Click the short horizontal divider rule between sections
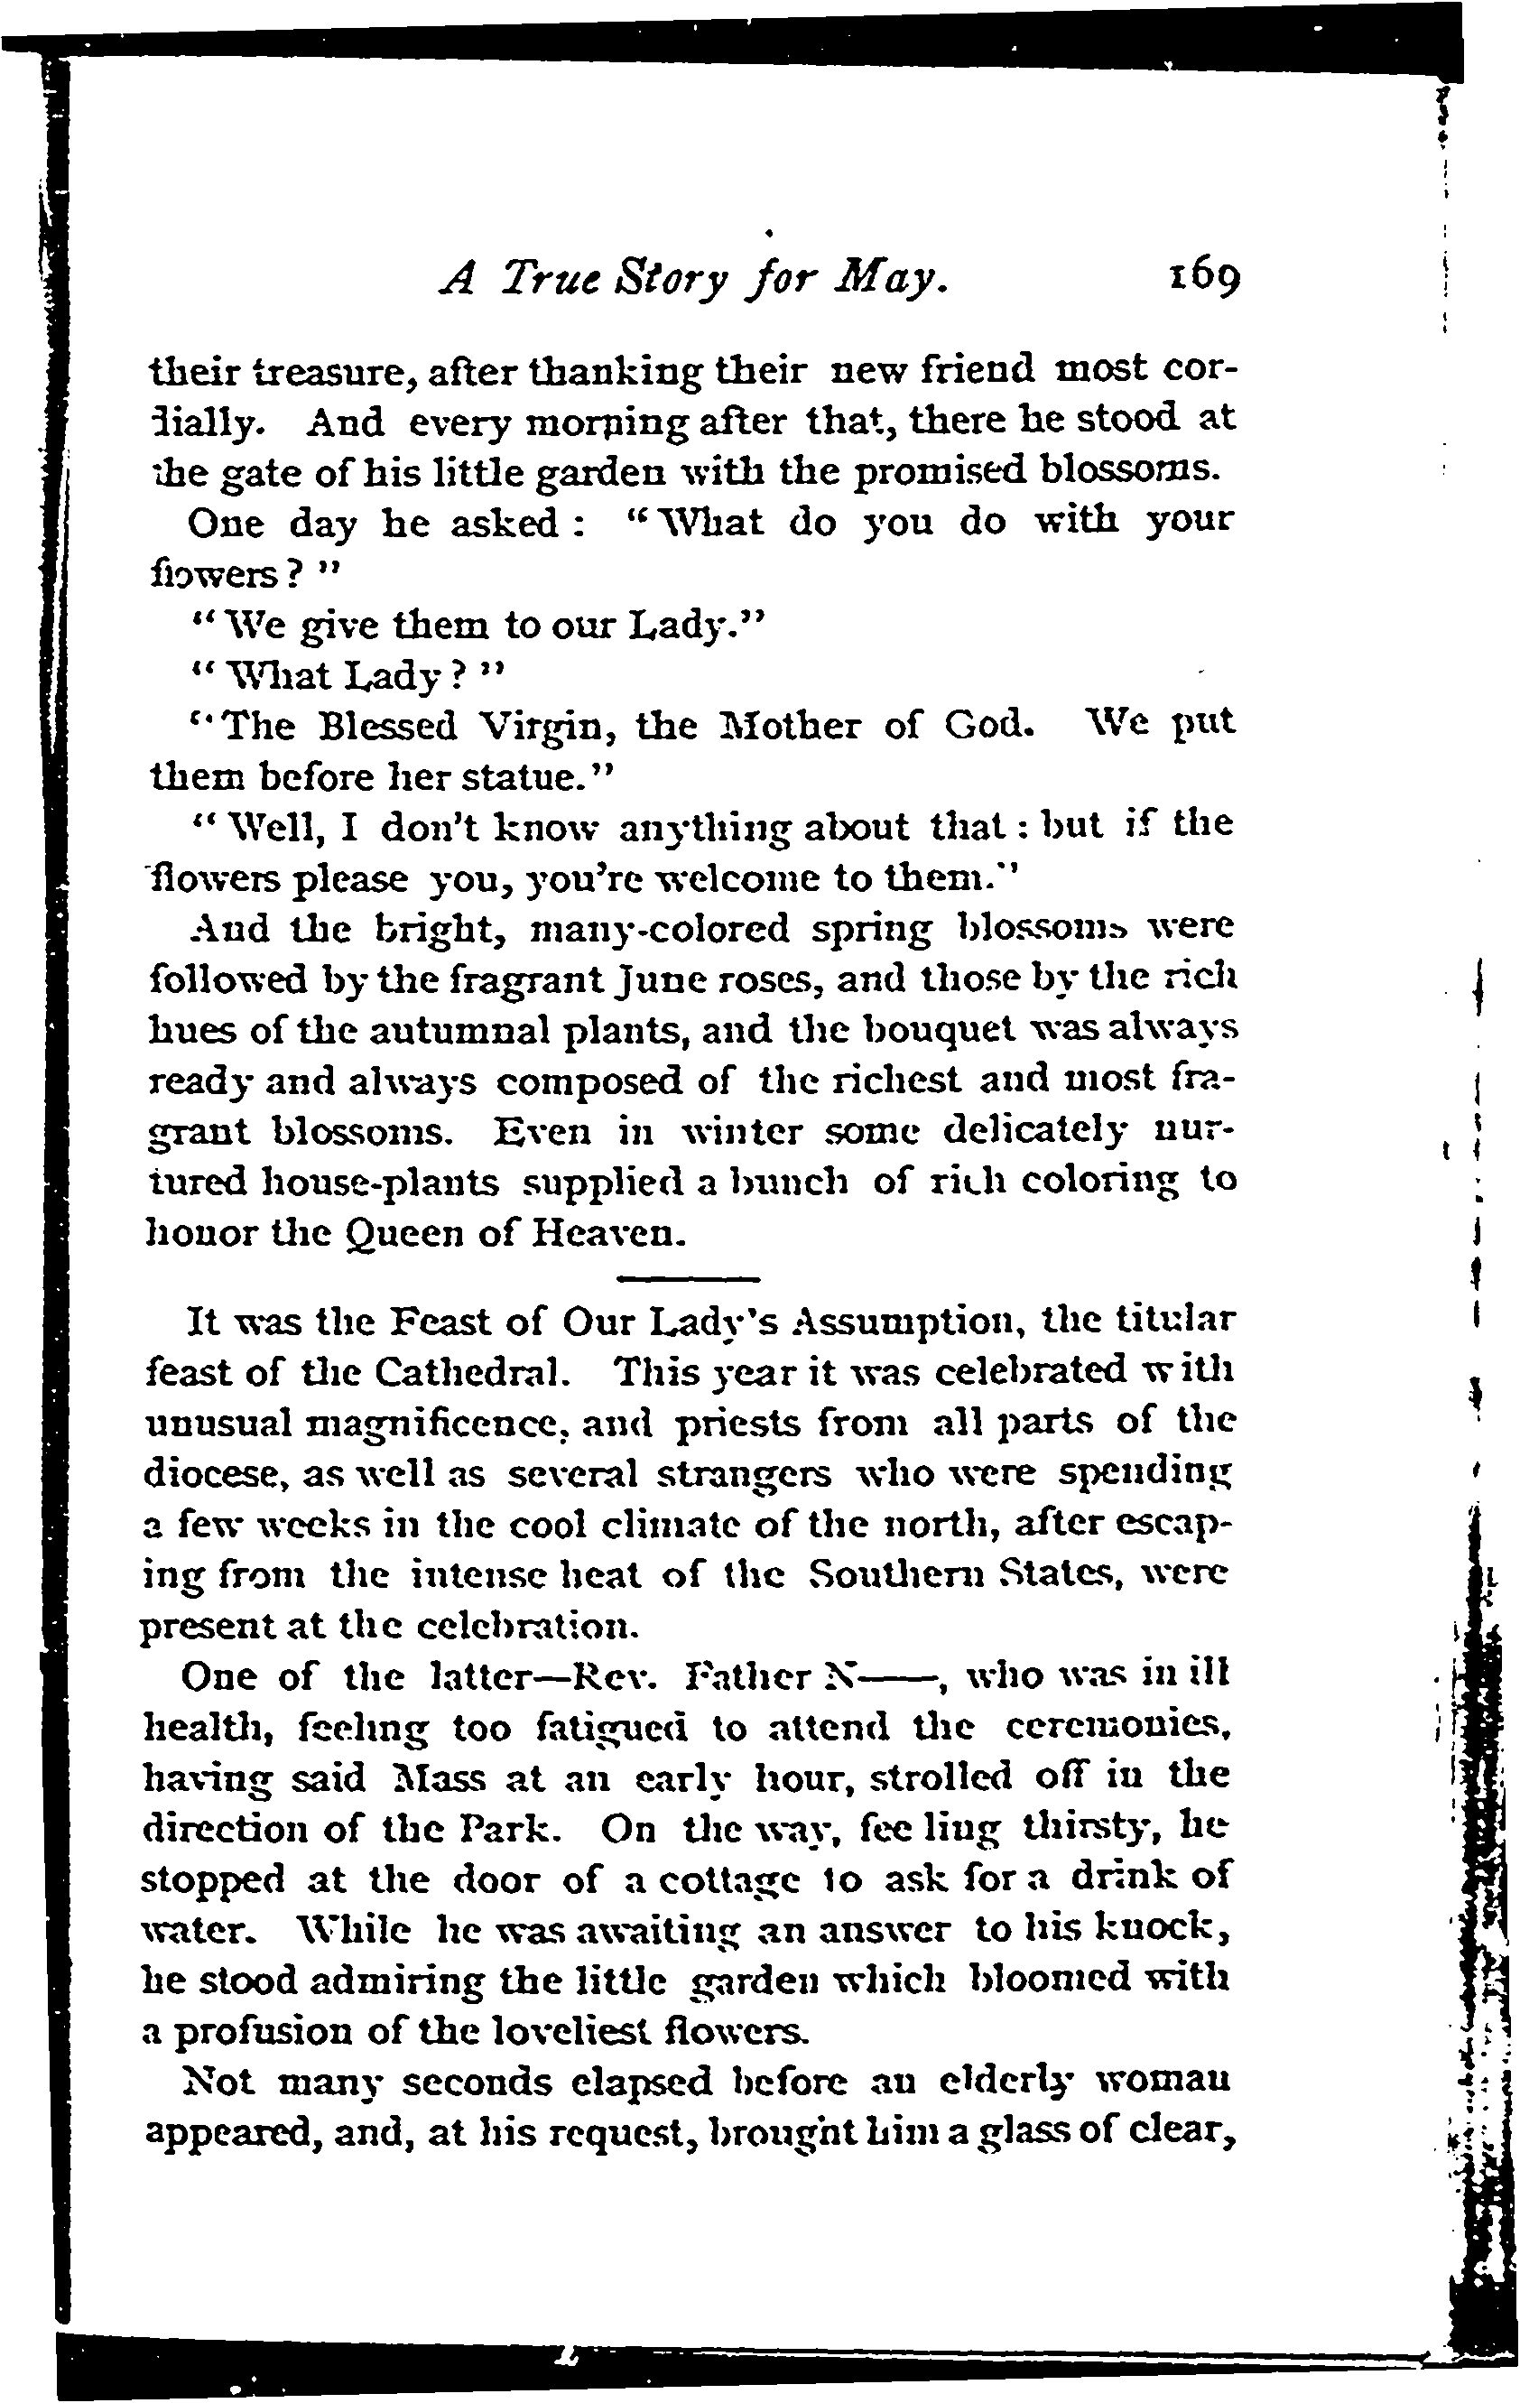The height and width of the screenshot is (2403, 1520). pyautogui.click(x=688, y=1278)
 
